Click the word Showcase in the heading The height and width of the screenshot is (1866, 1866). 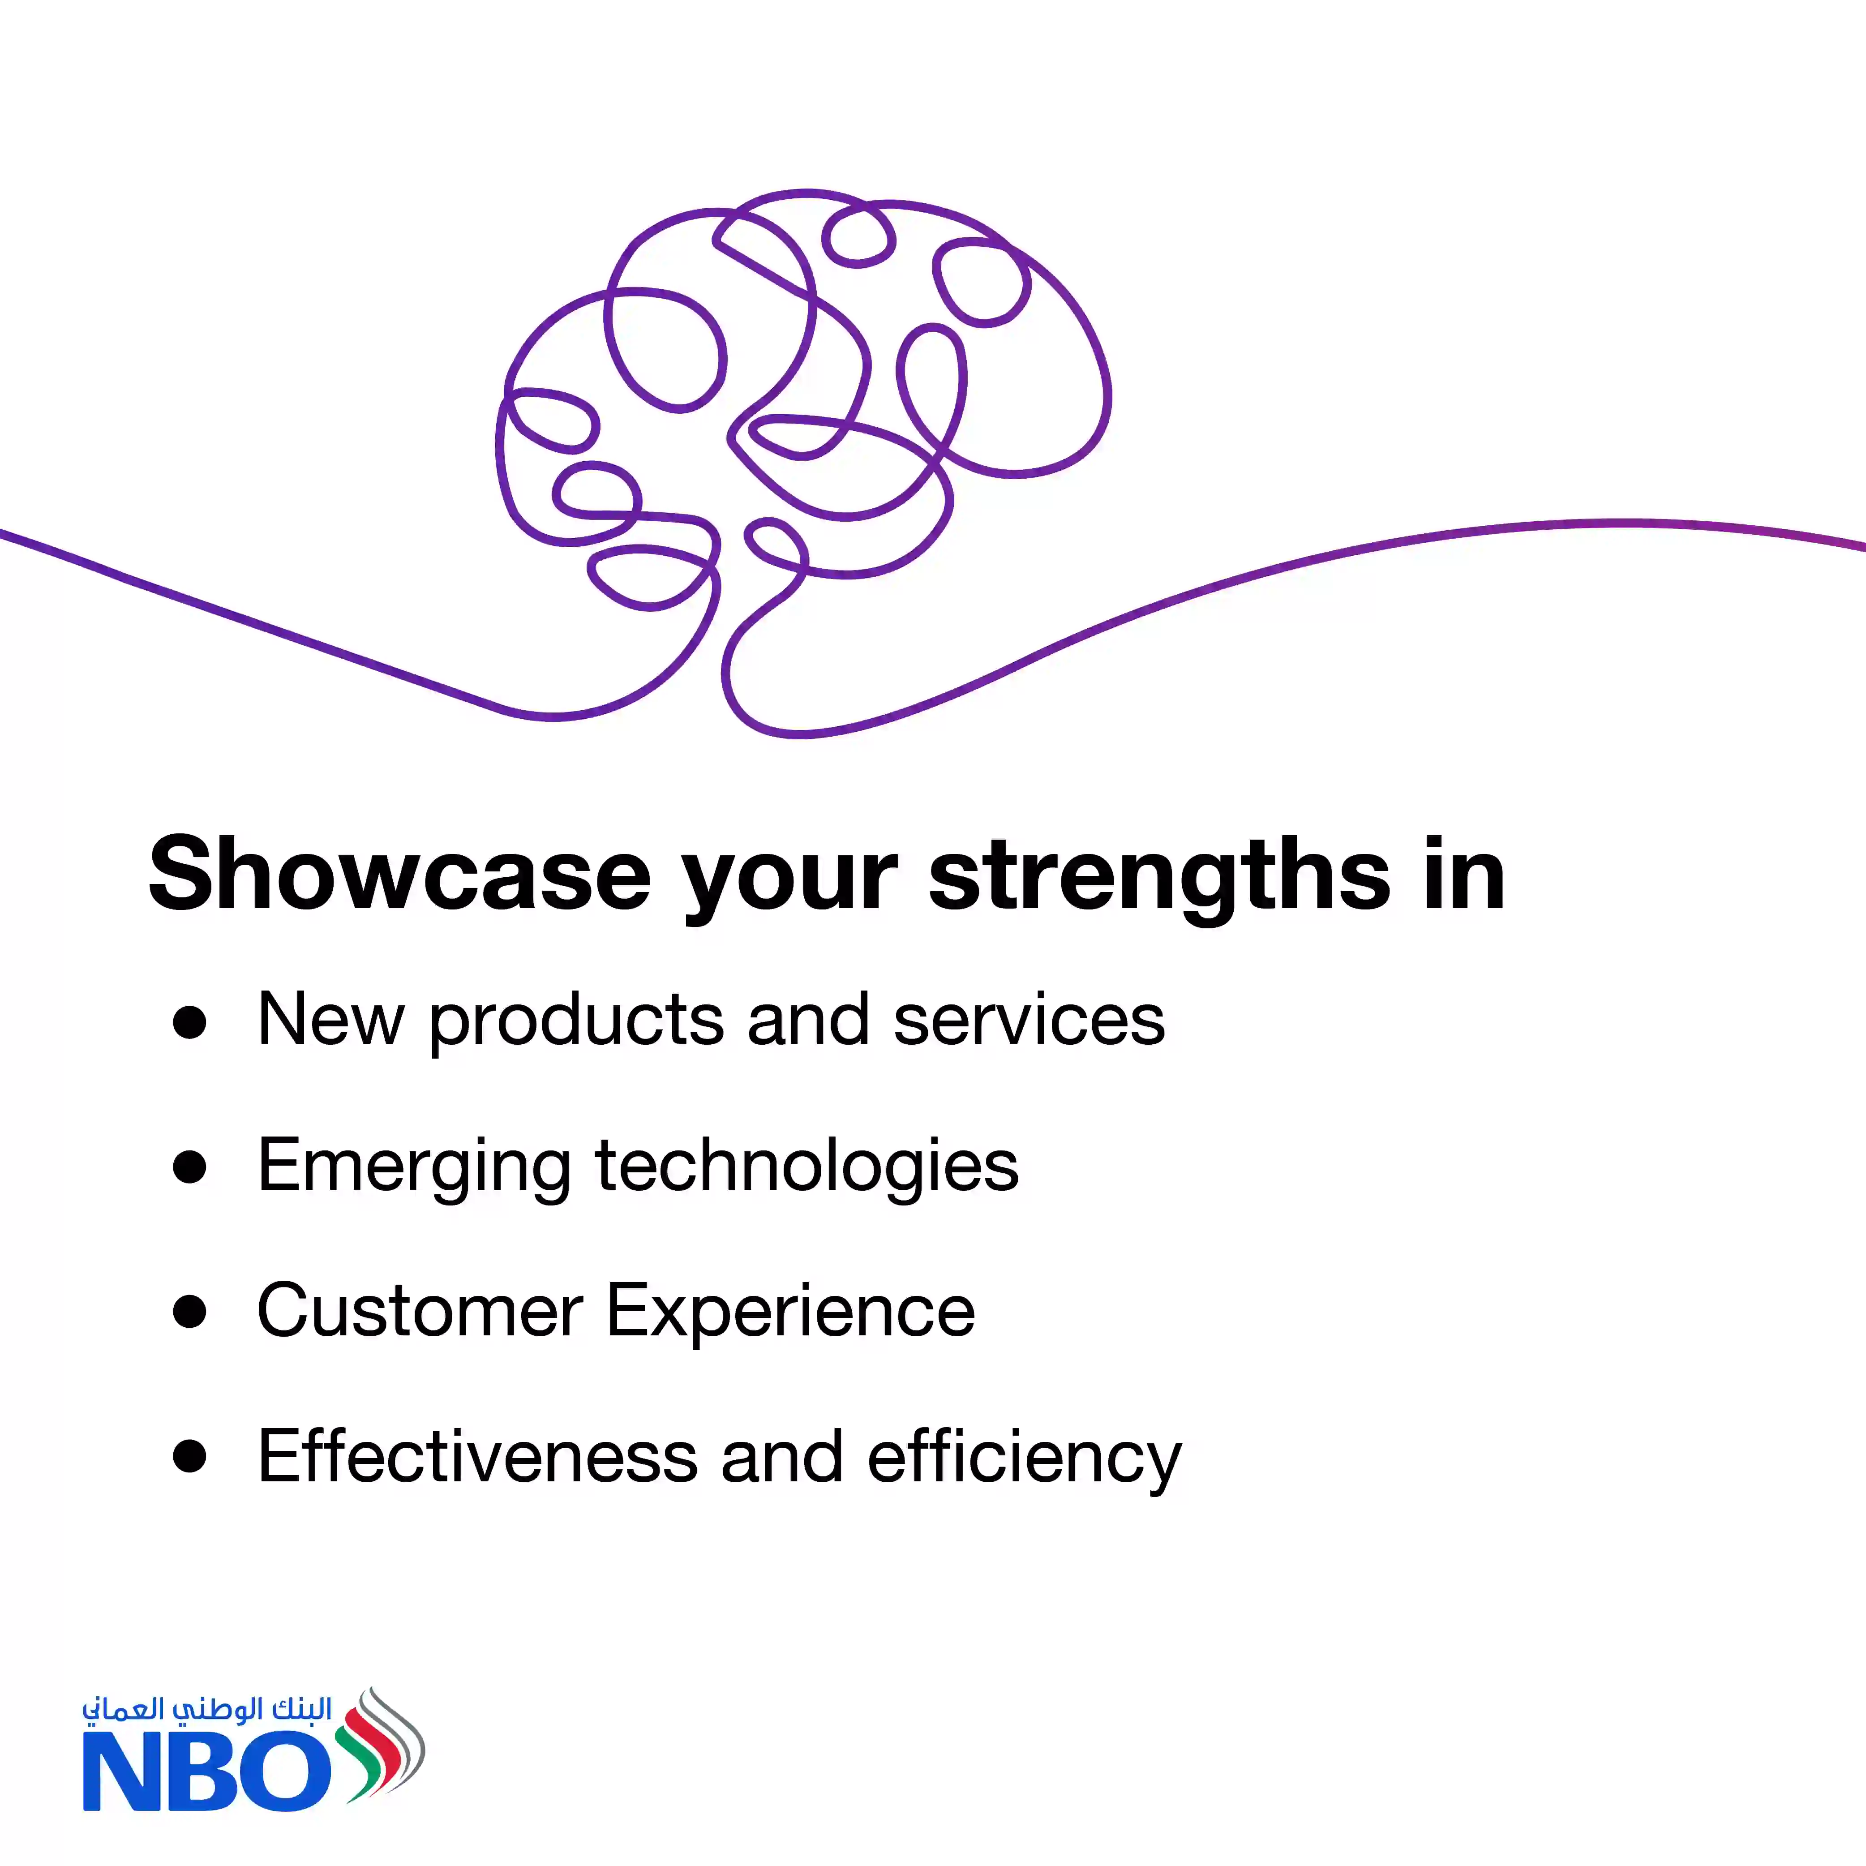(x=400, y=874)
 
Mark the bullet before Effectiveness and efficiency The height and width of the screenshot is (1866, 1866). (x=189, y=1457)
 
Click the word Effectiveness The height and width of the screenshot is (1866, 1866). (x=477, y=1457)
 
